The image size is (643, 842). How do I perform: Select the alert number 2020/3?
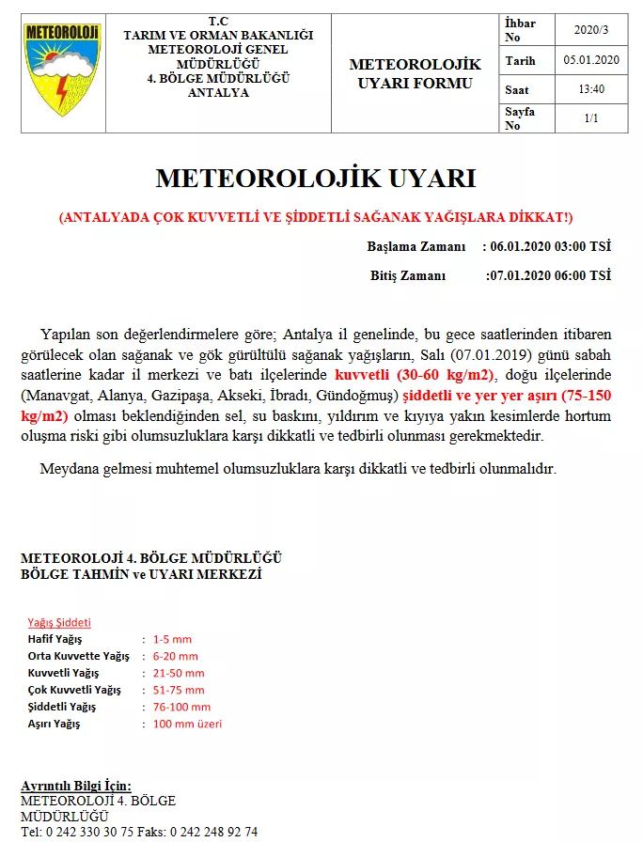[x=591, y=30]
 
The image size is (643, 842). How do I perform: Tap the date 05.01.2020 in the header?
[x=591, y=60]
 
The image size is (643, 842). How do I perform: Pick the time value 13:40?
[x=591, y=89]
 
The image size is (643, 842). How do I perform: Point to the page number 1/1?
[x=591, y=118]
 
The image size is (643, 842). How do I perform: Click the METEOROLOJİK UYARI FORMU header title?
[x=415, y=73]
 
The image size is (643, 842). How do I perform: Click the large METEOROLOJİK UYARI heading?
[x=316, y=179]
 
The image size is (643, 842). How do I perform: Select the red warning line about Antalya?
[x=316, y=218]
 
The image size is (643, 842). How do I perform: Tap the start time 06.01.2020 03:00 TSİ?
[x=550, y=247]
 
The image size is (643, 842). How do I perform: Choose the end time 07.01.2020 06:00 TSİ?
[x=549, y=275]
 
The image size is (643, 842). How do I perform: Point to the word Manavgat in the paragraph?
[x=57, y=395]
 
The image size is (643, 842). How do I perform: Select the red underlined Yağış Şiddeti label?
[x=58, y=622]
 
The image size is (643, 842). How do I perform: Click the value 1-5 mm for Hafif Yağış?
[x=172, y=639]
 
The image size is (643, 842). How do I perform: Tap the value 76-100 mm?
[x=181, y=707]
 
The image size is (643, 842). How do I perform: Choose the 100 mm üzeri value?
[x=187, y=724]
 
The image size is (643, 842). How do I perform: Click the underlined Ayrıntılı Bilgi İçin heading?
[x=76, y=786]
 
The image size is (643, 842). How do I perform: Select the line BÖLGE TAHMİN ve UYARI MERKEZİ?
[x=141, y=573]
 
